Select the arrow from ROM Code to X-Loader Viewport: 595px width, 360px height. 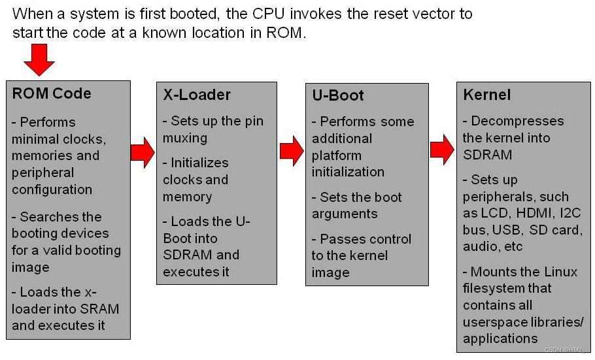[142, 152]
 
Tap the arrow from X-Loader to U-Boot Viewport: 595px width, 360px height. [291, 151]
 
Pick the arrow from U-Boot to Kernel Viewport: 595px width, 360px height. [442, 150]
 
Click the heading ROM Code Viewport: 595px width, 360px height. [52, 93]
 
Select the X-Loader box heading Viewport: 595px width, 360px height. [197, 95]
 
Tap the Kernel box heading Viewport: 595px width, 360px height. [486, 95]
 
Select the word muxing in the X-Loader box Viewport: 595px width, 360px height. [185, 138]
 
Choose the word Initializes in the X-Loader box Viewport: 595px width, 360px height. [199, 163]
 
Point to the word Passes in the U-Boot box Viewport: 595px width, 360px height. [340, 239]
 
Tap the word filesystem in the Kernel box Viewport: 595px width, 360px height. [498, 288]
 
